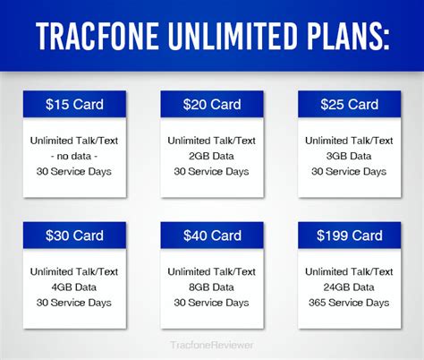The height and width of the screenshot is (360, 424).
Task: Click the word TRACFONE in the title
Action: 98,36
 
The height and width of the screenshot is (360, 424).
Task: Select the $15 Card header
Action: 74,104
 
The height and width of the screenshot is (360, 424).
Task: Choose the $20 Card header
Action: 212,104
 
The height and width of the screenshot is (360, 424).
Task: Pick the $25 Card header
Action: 350,104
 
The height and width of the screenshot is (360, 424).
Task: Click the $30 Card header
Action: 74,236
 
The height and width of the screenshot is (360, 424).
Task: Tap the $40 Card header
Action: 212,236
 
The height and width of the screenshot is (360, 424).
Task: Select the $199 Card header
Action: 350,236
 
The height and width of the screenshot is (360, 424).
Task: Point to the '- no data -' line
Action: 74,156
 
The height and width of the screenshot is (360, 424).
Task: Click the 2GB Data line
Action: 211,156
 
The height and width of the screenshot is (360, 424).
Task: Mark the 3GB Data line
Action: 349,156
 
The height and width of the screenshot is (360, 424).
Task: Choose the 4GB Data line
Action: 74,287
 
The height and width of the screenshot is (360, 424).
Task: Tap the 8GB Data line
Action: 211,287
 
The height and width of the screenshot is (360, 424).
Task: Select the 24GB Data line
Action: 349,287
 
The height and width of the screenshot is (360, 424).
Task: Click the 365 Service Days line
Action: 349,303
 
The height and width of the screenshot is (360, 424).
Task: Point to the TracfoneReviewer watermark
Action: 212,345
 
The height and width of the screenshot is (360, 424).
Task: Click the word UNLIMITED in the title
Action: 233,36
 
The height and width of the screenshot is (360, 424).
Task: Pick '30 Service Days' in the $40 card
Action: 211,303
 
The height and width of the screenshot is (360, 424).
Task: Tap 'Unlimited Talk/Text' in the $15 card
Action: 74,141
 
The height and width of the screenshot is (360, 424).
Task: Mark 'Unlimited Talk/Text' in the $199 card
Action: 349,271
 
